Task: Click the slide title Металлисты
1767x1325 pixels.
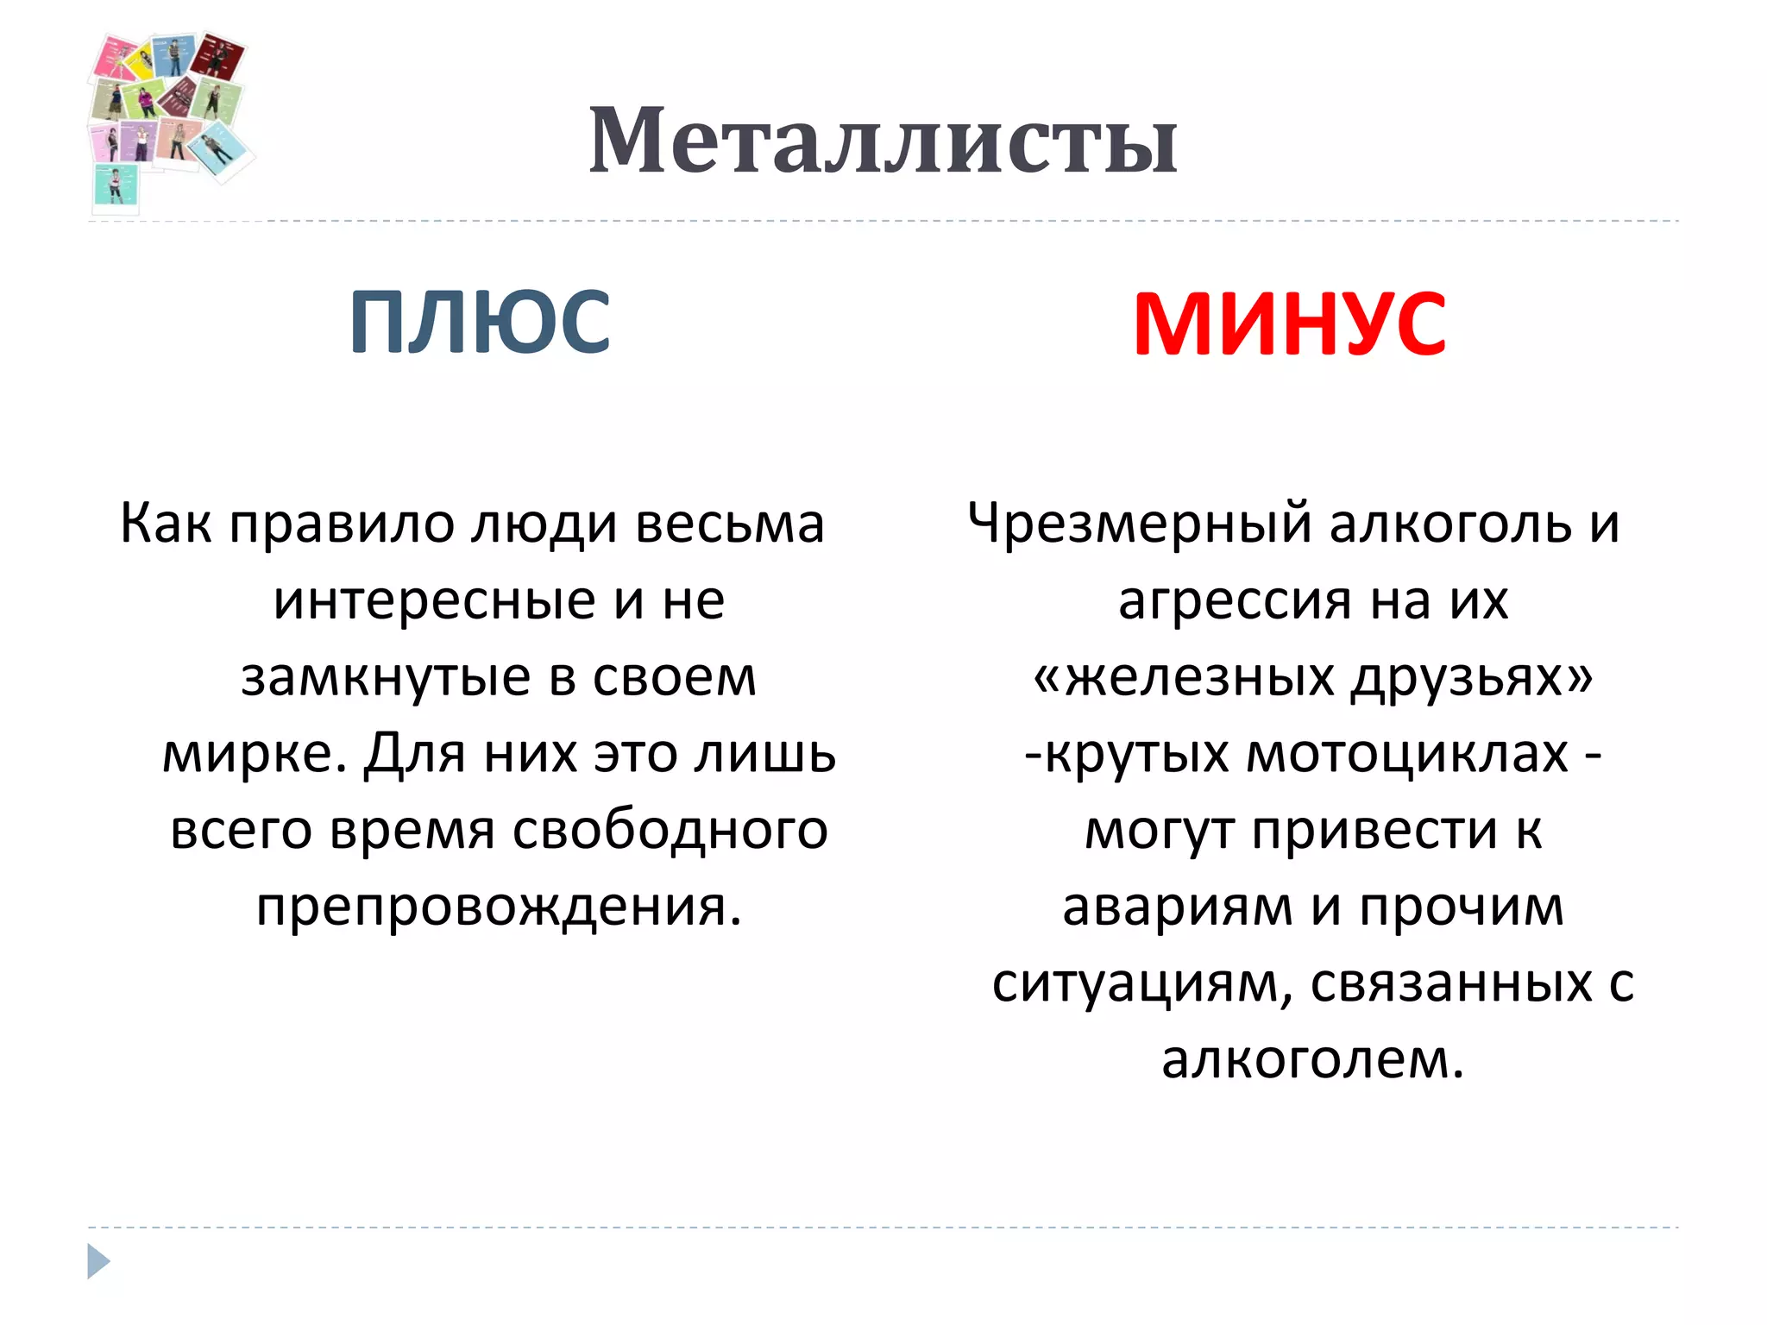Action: (883, 141)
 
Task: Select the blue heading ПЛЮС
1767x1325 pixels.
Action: (480, 322)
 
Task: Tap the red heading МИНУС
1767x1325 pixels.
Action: (1289, 323)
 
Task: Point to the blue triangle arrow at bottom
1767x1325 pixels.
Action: (98, 1261)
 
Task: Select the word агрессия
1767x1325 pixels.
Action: (1235, 600)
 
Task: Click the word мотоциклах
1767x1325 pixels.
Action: (1407, 754)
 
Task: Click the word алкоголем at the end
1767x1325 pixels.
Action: (1311, 1059)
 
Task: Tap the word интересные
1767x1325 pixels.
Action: (434, 600)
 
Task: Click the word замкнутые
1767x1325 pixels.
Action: (385, 677)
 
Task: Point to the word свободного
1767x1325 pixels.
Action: (670, 831)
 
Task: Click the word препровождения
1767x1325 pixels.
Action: (499, 907)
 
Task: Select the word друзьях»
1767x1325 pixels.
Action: (1472, 677)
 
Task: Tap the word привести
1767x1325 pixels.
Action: (1374, 831)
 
